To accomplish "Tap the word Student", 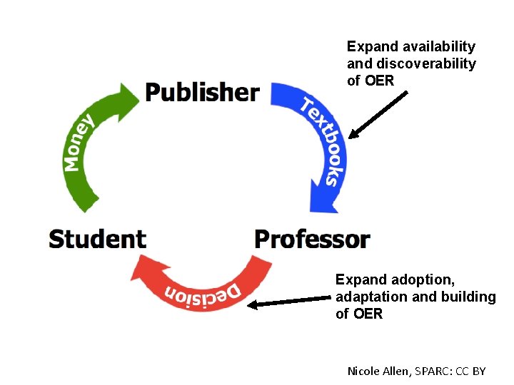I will pos(97,239).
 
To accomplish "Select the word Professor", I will pos(312,240).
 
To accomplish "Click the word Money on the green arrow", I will pos(79,143).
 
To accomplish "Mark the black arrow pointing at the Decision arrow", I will pos(291,302).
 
